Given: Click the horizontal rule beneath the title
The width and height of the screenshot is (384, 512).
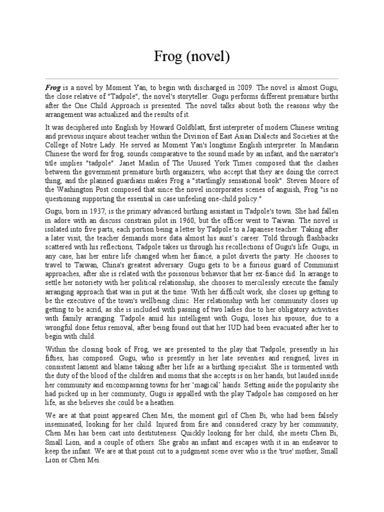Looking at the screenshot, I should [192, 78].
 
